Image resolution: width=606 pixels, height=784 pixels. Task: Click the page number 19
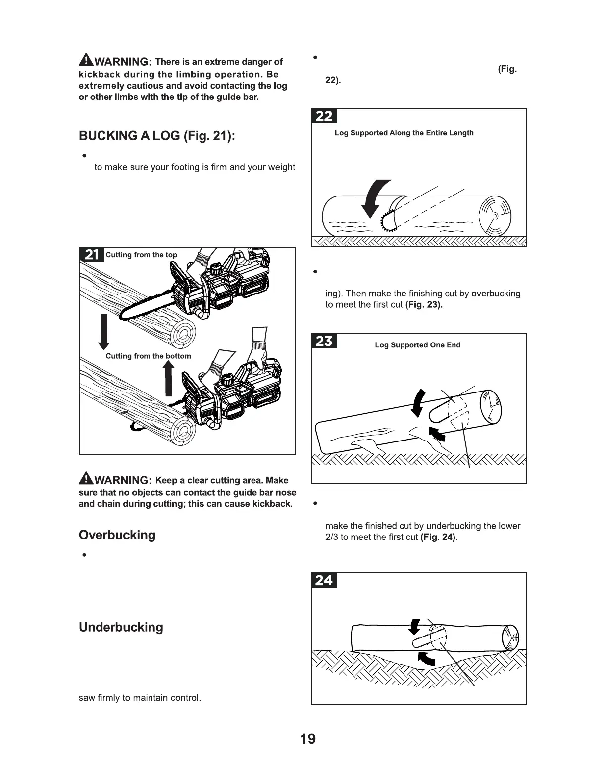[x=307, y=739]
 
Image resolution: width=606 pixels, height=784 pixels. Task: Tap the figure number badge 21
[x=92, y=255]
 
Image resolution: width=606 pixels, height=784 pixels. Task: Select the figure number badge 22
[x=324, y=116]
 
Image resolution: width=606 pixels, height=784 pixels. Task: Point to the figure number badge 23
[x=324, y=342]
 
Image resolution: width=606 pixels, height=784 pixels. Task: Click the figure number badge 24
[x=324, y=580]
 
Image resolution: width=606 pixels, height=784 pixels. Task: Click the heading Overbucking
[x=117, y=535]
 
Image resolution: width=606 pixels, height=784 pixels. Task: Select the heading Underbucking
[x=121, y=627]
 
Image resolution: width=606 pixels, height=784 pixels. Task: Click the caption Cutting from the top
[x=141, y=255]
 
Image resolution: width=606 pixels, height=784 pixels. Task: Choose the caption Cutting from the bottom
[x=148, y=356]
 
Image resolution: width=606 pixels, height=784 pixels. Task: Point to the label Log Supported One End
[x=417, y=345]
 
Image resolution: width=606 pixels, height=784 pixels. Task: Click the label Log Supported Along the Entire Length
[x=404, y=133]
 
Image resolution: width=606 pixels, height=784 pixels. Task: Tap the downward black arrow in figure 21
[x=104, y=331]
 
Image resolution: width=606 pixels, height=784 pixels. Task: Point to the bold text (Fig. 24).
[x=439, y=538]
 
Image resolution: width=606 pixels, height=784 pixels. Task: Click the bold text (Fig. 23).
[x=424, y=305]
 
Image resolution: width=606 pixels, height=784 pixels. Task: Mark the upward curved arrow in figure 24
[x=426, y=658]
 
